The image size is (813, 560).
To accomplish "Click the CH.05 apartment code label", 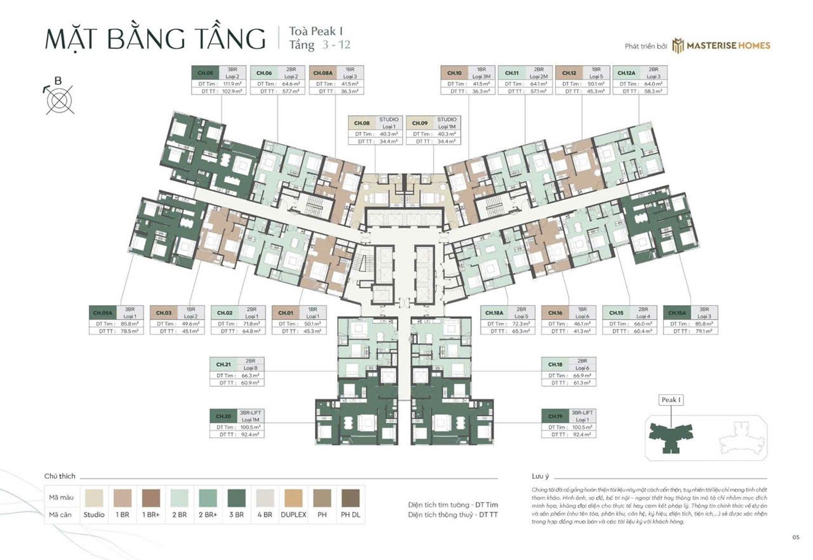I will (205, 73).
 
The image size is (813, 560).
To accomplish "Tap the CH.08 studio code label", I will (362, 123).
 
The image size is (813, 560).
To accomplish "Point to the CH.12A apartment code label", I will (626, 73).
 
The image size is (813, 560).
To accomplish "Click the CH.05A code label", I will (102, 313).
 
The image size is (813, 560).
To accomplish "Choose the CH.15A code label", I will (677, 313).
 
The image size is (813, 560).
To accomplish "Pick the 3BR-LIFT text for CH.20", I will (250, 413).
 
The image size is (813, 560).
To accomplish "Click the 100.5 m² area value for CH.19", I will (582, 427).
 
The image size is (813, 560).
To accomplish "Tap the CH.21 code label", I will (223, 364).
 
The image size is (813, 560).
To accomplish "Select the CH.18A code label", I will (494, 313).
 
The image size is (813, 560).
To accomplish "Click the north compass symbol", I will (59, 100).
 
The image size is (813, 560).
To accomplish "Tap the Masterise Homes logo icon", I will (678, 46).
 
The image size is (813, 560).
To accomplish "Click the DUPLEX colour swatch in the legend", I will (293, 498).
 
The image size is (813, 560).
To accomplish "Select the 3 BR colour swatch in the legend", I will (236, 498).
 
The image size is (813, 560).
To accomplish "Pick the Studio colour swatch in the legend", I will (94, 498).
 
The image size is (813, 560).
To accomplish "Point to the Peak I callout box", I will (671, 400).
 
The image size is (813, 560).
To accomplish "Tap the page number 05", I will (796, 537).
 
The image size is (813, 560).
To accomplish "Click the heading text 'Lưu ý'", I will (540, 476).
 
